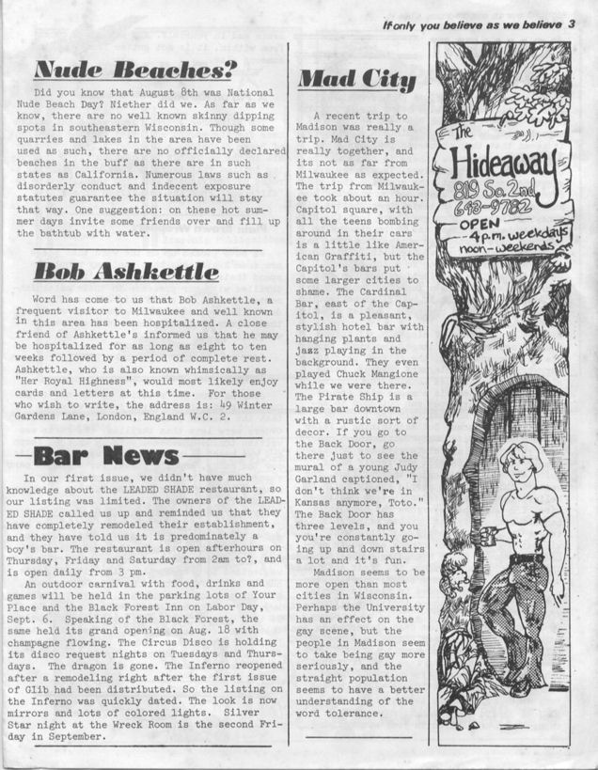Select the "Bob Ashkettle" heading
tap(126, 272)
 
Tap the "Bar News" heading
tap(105, 456)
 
